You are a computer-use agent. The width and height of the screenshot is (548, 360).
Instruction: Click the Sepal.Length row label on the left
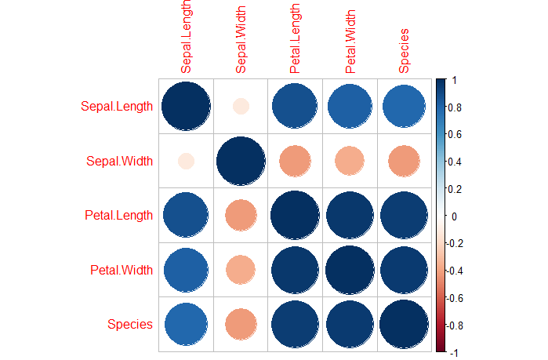116,107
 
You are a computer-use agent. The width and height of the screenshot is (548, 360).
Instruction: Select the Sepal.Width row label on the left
119,162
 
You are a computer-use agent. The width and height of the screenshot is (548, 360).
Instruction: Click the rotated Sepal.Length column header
187,38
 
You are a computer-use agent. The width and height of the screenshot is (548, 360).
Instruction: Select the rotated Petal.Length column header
295,38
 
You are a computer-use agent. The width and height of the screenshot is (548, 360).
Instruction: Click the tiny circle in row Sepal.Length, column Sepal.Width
241,106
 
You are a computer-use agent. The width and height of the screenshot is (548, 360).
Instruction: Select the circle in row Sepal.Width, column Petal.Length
295,161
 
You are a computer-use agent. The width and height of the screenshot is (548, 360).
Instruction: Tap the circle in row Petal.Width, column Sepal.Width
241,270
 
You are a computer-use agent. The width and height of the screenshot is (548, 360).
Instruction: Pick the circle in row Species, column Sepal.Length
186,324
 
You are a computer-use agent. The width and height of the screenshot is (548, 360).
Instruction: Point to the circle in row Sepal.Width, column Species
405,161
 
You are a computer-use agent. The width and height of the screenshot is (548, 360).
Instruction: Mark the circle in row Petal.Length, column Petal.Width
350,215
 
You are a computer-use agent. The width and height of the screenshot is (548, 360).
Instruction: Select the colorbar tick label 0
454,216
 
